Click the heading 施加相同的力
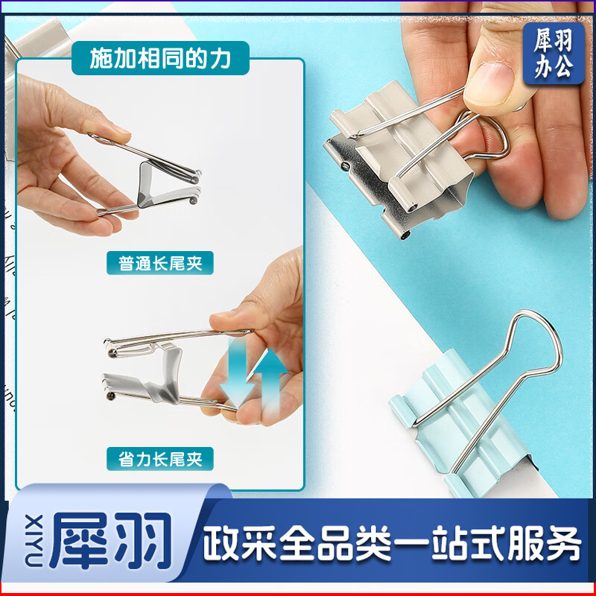click(160, 59)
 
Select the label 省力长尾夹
click(160, 457)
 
